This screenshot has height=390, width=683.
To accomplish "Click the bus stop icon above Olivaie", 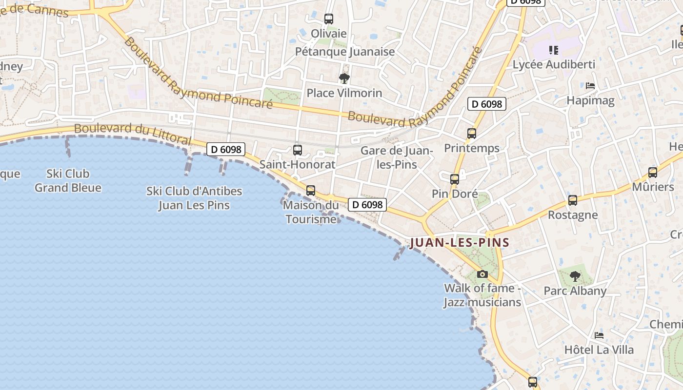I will (x=329, y=19).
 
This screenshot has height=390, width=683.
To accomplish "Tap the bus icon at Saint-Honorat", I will (x=298, y=150).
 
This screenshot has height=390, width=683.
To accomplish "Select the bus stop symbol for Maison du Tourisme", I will (x=311, y=191).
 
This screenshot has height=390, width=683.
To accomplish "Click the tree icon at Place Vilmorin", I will (x=344, y=78).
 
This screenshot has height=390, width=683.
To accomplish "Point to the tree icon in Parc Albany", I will (x=575, y=276).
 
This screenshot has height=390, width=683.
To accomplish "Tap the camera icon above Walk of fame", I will (x=482, y=274).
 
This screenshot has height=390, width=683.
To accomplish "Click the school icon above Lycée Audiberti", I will (x=553, y=50).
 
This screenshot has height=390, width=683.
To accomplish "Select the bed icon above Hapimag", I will (x=590, y=86).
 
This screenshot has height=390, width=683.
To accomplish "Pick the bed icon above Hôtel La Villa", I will (x=599, y=335).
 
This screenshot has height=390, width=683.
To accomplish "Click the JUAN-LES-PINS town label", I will (x=460, y=242).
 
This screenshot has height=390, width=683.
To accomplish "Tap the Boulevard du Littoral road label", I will (x=133, y=133).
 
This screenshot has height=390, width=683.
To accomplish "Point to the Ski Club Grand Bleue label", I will (x=68, y=180).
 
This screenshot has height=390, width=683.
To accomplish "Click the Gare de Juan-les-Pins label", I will (x=397, y=157).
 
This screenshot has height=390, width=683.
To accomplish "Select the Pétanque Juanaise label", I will (x=345, y=51).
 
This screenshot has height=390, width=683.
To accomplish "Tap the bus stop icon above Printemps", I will (x=472, y=134).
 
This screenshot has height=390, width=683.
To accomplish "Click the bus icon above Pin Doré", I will (x=455, y=179).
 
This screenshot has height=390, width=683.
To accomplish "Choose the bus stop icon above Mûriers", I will (x=653, y=172).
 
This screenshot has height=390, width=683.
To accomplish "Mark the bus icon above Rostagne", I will (x=573, y=200).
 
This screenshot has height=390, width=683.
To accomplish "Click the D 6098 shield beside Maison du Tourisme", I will (x=367, y=205).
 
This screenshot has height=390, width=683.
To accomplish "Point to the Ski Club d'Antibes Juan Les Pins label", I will (x=194, y=198).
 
